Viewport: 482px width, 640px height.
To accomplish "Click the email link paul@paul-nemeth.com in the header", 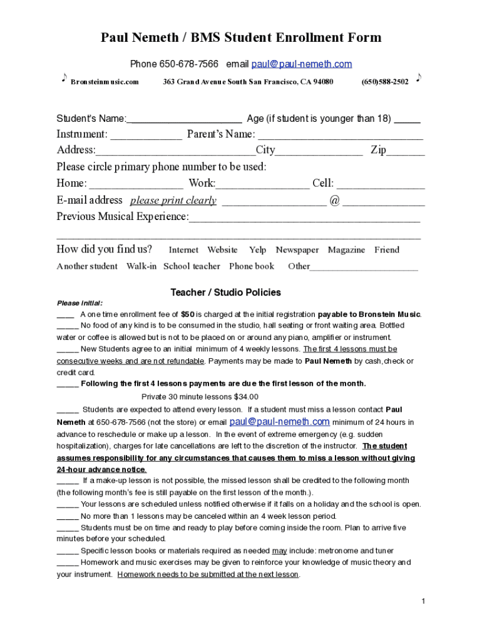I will coord(301,64).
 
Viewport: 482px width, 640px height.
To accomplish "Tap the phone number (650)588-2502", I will coord(385,82).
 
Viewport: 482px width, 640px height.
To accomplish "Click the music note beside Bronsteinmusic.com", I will coord(64,78).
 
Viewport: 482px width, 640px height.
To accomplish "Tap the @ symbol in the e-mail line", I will coord(334,201).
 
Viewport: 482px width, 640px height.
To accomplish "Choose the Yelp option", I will coord(257,250).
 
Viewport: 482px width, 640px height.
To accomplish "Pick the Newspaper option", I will coord(297,250).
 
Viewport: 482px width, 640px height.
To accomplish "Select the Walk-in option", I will coord(141,266).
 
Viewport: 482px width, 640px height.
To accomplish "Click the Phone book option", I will coord(252,266).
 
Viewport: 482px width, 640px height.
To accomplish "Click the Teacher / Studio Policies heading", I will coord(226,292).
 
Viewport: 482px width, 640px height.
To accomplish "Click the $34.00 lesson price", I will coord(246,397).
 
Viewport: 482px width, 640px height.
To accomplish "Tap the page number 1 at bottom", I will coord(424,601).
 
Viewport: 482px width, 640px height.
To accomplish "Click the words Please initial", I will coord(79,303).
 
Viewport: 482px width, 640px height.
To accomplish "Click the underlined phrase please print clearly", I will coord(173,201).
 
